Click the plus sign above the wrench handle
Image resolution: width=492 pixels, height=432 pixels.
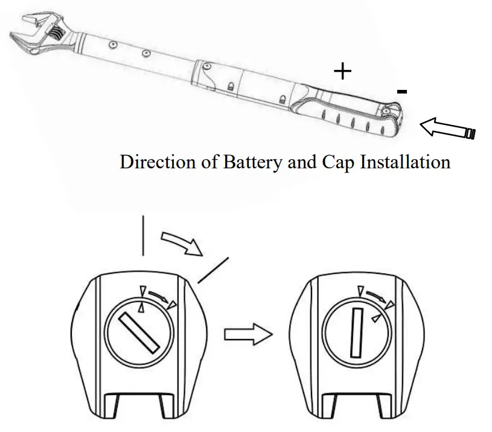(342, 72)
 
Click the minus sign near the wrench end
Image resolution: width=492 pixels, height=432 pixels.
(402, 91)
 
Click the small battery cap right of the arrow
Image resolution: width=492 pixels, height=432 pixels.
(469, 132)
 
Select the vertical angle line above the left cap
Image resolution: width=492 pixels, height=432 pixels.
(142, 235)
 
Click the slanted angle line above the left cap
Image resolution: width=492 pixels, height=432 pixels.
(214, 269)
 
